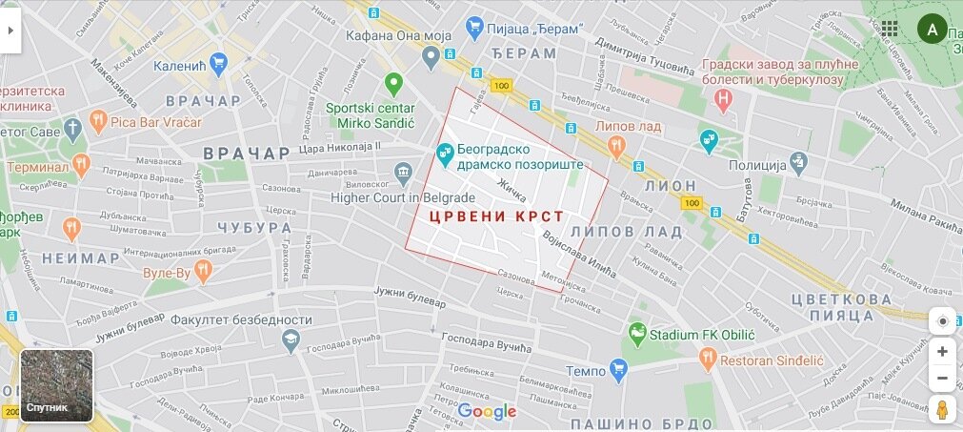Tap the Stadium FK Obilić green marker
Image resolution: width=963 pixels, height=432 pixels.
pos(637,335)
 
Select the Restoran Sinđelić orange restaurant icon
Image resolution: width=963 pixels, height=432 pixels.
pos(707,359)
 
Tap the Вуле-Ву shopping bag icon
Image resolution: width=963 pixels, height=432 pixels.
pos(203,272)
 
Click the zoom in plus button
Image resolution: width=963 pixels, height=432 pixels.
pos(942,351)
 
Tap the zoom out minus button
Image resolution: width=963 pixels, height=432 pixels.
pos(942,378)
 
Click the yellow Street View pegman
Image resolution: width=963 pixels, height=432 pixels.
pos(942,410)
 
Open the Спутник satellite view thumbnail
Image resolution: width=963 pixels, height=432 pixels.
pos(57,385)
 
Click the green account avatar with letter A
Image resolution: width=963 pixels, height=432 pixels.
pos(933,29)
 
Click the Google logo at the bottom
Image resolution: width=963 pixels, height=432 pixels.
pos(487,412)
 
